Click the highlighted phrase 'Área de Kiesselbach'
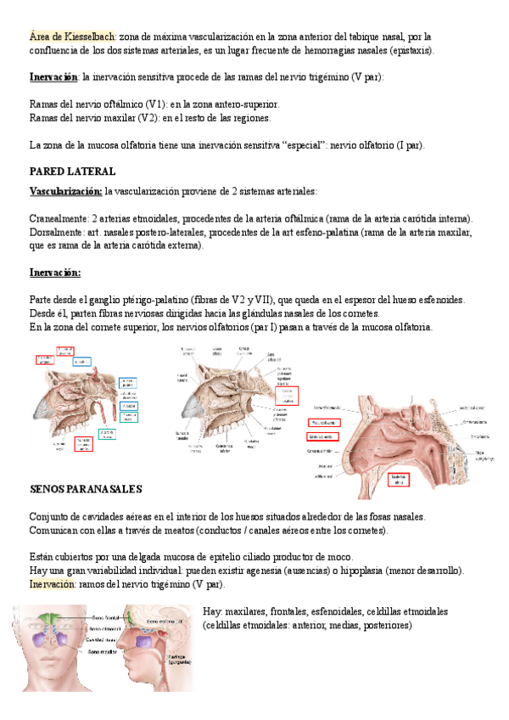click(72, 37)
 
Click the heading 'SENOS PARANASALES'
click(86, 490)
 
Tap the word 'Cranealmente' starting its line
click(58, 218)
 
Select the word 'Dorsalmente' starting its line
click(57, 232)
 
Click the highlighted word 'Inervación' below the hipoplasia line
click(53, 585)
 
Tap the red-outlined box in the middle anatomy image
click(289, 396)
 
